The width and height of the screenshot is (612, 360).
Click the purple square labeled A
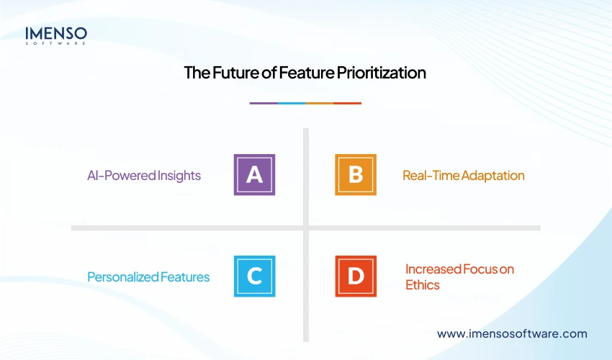pyautogui.click(x=254, y=175)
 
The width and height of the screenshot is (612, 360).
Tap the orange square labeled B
pyautogui.click(x=355, y=175)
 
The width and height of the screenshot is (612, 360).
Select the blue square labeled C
pyautogui.click(x=254, y=276)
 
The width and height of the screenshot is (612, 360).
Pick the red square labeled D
pyautogui.click(x=355, y=276)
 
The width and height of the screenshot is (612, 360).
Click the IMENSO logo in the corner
pyautogui.click(x=56, y=35)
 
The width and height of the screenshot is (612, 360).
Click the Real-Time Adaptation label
pyautogui.click(x=463, y=176)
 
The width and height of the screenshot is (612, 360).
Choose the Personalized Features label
pyautogui.click(x=148, y=277)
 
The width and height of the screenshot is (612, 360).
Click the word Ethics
pyautogui.click(x=422, y=285)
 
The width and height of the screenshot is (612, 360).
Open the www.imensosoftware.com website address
pyautogui.click(x=512, y=334)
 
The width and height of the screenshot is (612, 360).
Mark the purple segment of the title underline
pyautogui.click(x=264, y=103)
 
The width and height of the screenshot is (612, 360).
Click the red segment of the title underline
pyautogui.click(x=348, y=103)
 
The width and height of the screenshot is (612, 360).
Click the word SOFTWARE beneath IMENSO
pyautogui.click(x=56, y=43)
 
